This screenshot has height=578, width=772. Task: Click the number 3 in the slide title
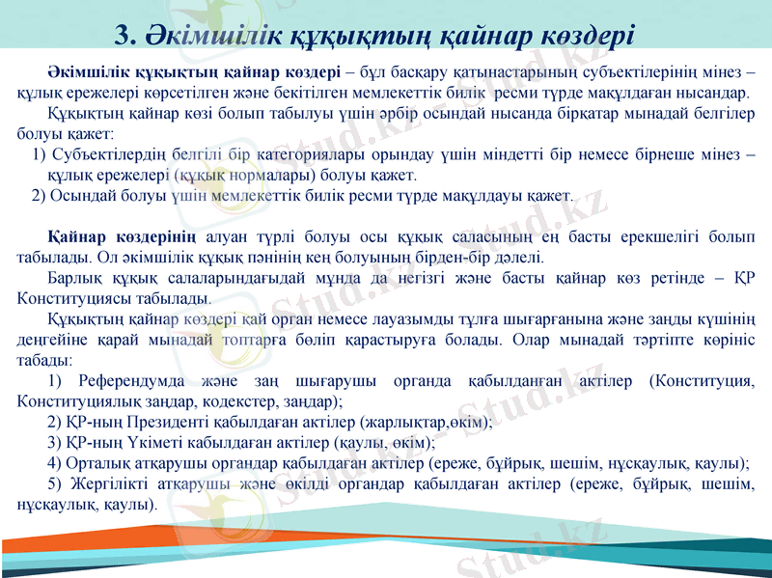coord(123,35)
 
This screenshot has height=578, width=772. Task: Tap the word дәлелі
coord(519,258)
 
